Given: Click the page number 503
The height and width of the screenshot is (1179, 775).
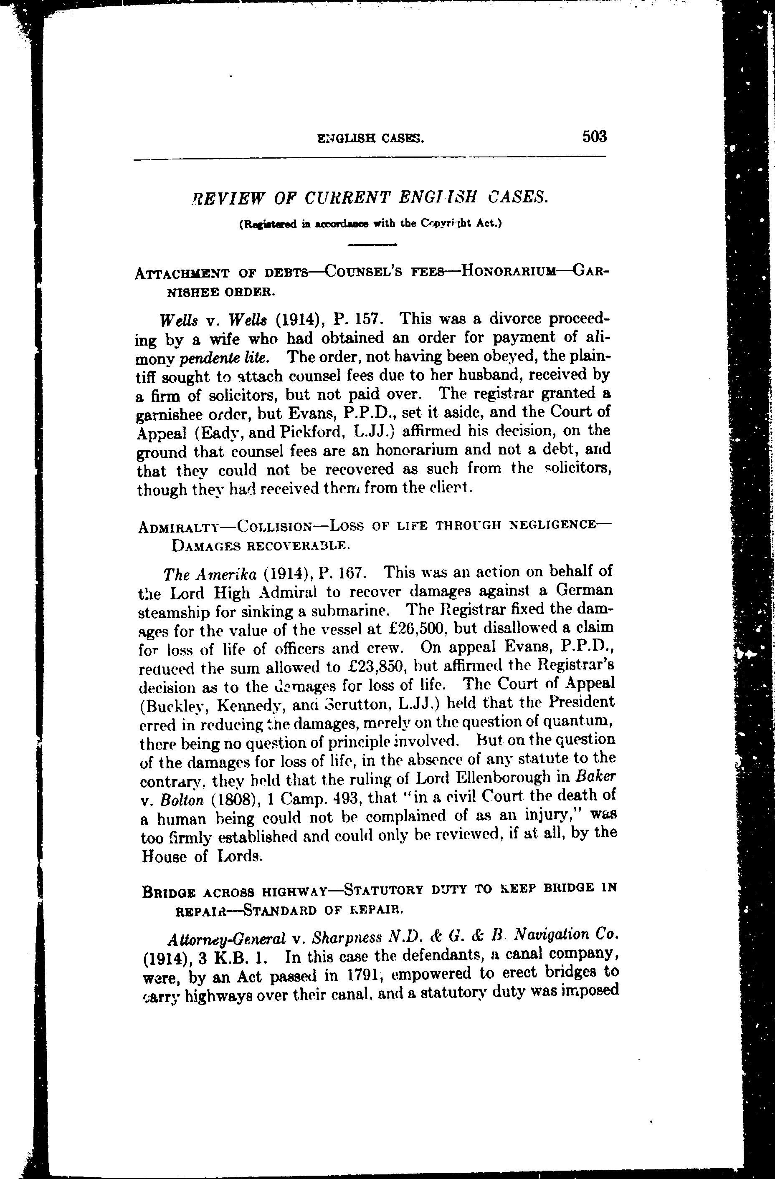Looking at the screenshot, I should click(x=594, y=136).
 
